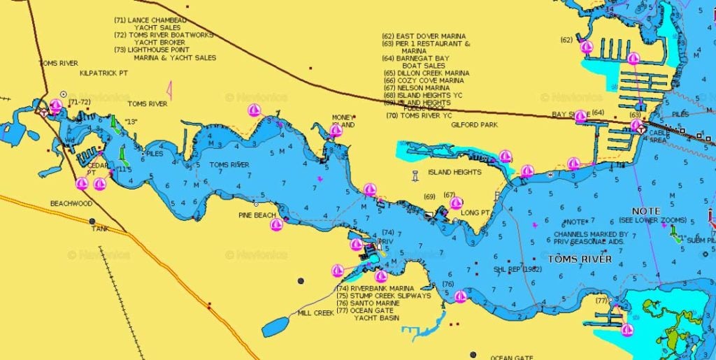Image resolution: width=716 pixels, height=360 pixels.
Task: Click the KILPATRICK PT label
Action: click(103, 73)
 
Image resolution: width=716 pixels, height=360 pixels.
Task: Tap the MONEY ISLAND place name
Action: click(343, 121)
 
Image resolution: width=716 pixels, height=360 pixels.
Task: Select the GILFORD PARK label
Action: click(474, 124)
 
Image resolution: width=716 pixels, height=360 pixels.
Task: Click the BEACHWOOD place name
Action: click(71, 203)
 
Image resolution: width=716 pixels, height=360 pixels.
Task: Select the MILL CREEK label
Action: click(315, 312)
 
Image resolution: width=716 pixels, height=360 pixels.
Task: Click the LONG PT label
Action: click(475, 213)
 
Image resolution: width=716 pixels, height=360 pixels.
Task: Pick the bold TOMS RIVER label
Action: click(580, 259)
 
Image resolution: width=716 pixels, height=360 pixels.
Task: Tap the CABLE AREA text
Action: click(658, 136)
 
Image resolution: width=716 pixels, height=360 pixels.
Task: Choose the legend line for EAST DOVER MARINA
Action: click(423, 36)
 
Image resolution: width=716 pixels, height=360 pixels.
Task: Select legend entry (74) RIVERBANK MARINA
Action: click(375, 288)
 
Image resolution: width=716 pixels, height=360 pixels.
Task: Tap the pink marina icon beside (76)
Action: click(460, 296)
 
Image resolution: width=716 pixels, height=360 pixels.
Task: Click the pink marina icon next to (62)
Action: click(587, 47)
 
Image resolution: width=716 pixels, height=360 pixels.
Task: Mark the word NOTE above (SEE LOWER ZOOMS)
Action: click(645, 210)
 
